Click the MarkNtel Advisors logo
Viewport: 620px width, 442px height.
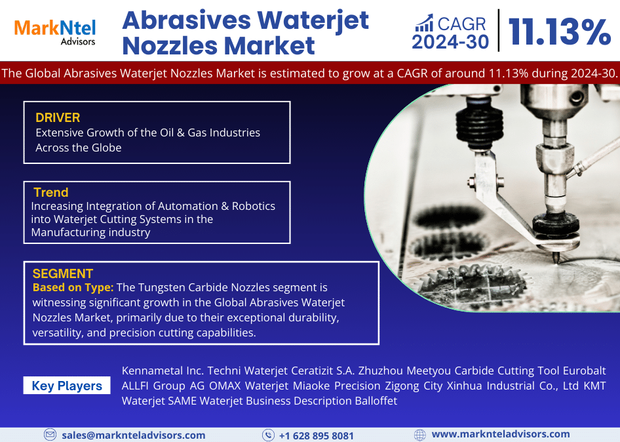tap(55, 31)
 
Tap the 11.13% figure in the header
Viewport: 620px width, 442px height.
tap(559, 31)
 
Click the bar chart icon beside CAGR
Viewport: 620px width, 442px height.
tap(424, 24)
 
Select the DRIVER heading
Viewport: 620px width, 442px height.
tap(58, 118)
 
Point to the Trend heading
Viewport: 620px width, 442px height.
tap(51, 192)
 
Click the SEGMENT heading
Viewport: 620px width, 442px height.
tap(63, 273)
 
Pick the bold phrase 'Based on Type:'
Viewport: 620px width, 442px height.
tap(73, 287)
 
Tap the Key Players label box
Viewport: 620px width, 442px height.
tap(67, 386)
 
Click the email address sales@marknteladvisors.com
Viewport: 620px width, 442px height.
tap(133, 435)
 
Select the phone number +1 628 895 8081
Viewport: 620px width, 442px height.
tap(316, 435)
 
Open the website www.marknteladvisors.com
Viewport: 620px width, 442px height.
tap(501, 434)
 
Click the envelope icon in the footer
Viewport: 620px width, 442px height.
tap(50, 435)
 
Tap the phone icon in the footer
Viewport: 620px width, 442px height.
tap(268, 435)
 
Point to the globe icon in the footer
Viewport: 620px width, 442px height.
tap(420, 435)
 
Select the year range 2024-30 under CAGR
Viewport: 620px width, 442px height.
tap(450, 42)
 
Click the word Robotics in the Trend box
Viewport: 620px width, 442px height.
tap(253, 206)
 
